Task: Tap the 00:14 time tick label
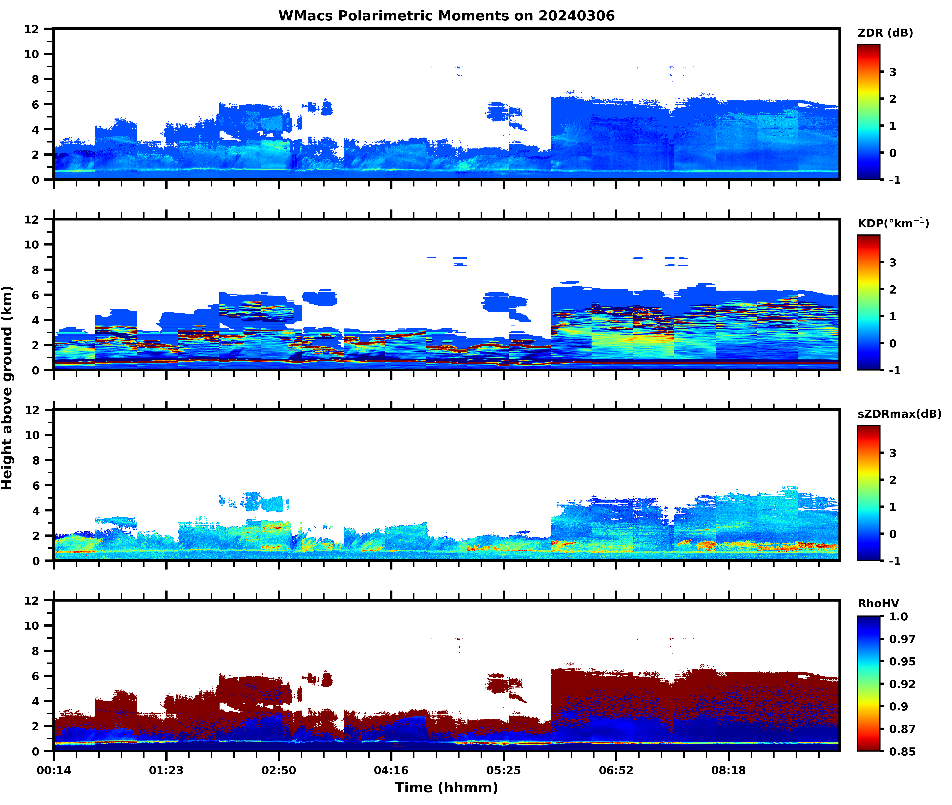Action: click(54, 770)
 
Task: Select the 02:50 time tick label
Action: click(278, 770)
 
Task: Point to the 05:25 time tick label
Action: click(503, 770)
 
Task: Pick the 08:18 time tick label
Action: click(728, 770)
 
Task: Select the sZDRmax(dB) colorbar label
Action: click(899, 414)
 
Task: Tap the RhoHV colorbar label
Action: click(878, 603)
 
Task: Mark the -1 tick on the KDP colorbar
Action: click(894, 370)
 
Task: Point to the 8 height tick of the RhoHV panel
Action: click(35, 651)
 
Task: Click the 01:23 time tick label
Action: click(166, 770)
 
